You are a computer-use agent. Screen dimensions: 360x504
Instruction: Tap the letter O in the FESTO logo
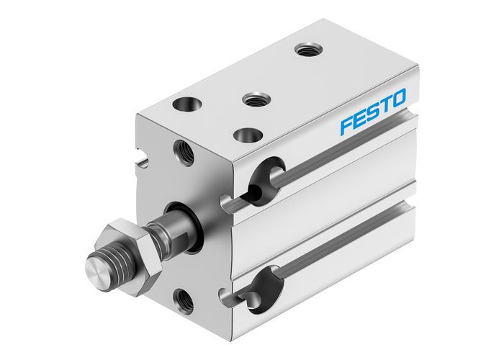397,97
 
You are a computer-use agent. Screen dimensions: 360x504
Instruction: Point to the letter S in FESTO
373,110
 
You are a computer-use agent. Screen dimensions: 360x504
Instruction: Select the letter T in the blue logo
386,104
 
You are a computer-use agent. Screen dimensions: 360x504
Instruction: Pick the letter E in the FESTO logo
360,118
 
